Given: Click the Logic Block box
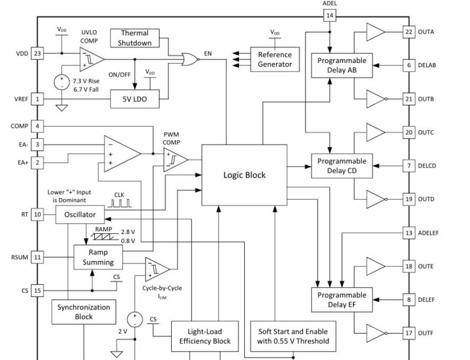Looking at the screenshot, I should [244, 175].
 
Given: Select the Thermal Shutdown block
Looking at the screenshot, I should [134, 38].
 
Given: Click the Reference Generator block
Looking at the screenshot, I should [275, 59].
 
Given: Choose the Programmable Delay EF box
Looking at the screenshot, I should [342, 300].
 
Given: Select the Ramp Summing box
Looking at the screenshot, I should [98, 257].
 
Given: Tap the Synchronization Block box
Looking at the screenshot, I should [83, 312].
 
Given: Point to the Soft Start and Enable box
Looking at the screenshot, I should [294, 337].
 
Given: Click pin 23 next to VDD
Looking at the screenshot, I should [37, 53].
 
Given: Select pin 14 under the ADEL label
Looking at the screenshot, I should [330, 15].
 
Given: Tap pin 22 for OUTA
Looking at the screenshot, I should [409, 32].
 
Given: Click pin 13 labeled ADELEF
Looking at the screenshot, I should [409, 233].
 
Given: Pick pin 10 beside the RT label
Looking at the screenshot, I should [37, 214].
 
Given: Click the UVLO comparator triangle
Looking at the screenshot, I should [91, 59].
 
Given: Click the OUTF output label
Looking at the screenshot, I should [427, 333].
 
